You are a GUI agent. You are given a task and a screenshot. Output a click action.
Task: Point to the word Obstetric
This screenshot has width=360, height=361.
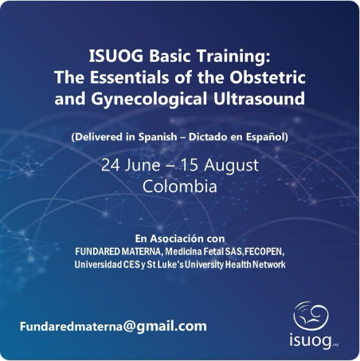coord(268,77)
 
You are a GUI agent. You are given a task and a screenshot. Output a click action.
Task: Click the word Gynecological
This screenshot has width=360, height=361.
coord(149,100)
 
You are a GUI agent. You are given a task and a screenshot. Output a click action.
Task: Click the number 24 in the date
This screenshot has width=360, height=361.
coord(111,165)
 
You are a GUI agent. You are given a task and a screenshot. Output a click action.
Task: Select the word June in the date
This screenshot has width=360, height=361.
coord(143,165)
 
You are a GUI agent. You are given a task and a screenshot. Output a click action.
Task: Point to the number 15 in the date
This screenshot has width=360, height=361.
coord(189,165)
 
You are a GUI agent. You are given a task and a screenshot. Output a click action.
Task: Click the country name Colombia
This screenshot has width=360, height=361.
coord(180,186)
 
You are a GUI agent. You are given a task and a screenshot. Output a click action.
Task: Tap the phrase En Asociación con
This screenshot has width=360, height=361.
coord(180,238)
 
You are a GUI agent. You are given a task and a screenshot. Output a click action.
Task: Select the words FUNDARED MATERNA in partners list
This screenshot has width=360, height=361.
coord(119,252)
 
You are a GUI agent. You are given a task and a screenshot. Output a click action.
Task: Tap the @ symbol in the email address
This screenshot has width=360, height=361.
coord(129,327)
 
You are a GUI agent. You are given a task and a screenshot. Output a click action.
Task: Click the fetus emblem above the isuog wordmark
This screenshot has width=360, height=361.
coord(311,316)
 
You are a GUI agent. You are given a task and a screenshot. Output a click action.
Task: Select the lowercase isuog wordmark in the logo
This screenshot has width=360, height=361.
coord(311,341)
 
